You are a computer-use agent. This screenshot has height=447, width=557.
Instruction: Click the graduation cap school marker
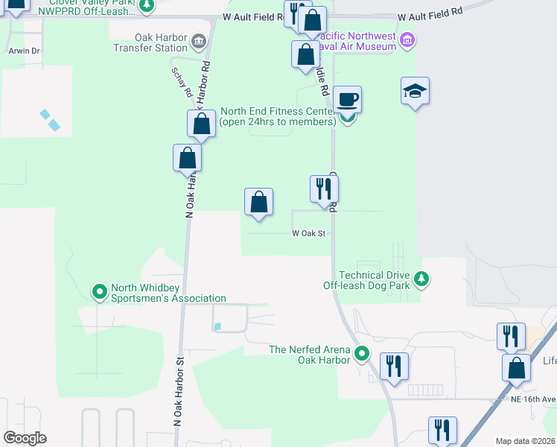point(416,91)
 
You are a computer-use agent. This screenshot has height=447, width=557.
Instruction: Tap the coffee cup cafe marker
point(347,99)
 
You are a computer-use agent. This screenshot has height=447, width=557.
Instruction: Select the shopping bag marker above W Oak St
point(258,202)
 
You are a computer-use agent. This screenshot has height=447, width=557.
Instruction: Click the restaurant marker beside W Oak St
point(324,189)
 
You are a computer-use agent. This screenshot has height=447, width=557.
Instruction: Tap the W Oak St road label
point(309,233)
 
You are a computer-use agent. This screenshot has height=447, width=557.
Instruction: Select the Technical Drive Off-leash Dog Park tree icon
point(422,279)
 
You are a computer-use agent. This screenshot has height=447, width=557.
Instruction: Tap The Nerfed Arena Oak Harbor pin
point(362,354)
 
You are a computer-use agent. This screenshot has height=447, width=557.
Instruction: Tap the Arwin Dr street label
point(24,51)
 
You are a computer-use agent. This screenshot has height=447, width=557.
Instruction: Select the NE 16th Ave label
point(536,399)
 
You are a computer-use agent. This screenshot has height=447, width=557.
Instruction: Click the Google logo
point(25,438)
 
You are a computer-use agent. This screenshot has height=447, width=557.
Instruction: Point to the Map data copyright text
point(526,441)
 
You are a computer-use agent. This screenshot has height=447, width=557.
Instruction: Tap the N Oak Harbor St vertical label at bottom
point(178,391)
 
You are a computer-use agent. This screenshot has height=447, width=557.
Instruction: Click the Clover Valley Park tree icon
point(147,6)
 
